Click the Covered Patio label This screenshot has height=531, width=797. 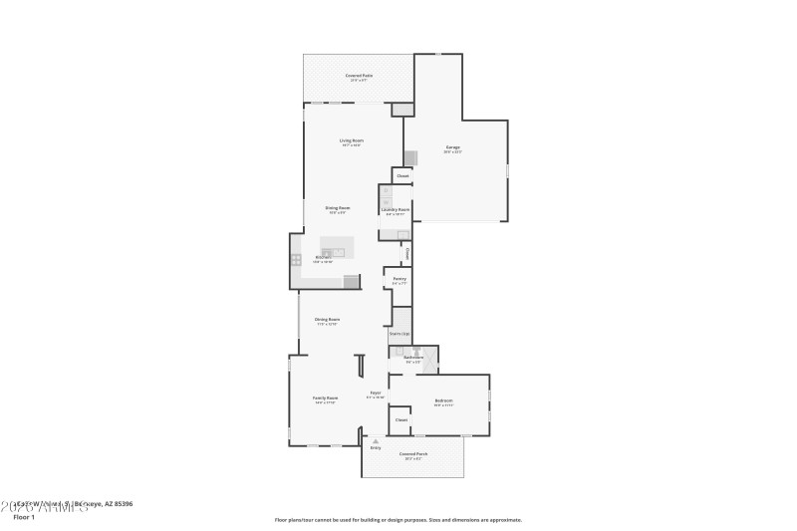[x=359, y=76]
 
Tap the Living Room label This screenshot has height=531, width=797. [x=351, y=140]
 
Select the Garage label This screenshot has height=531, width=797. [x=452, y=147]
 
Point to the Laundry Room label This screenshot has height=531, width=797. [x=396, y=209]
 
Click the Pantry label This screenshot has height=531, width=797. [x=398, y=279]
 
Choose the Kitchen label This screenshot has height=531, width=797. [x=323, y=257]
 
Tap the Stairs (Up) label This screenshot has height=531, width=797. [x=399, y=333]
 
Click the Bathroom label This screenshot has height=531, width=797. [x=412, y=357]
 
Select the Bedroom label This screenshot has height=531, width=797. [x=443, y=400]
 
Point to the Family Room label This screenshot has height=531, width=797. [x=326, y=398]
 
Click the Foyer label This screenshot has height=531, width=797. [x=376, y=393]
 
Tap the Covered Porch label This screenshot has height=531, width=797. [x=412, y=454]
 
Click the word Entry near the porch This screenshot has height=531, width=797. [x=376, y=447]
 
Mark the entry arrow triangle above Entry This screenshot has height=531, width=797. [x=376, y=440]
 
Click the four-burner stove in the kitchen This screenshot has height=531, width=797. [x=296, y=259]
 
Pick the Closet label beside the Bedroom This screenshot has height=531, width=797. [x=400, y=419]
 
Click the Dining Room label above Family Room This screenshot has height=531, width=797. [x=327, y=319]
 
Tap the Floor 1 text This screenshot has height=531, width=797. [x=23, y=517]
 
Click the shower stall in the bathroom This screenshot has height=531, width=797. [x=430, y=360]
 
